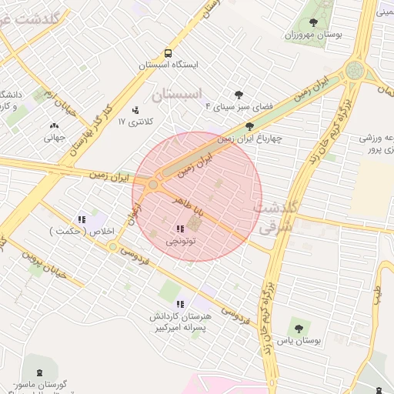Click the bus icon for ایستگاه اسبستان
pyautogui.click(x=167, y=54)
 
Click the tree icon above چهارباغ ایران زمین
pyautogui.click(x=249, y=126)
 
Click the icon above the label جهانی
pyautogui.click(x=54, y=125)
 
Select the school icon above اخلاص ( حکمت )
pyautogui.click(x=82, y=219)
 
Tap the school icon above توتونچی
pyautogui.click(x=179, y=229)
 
